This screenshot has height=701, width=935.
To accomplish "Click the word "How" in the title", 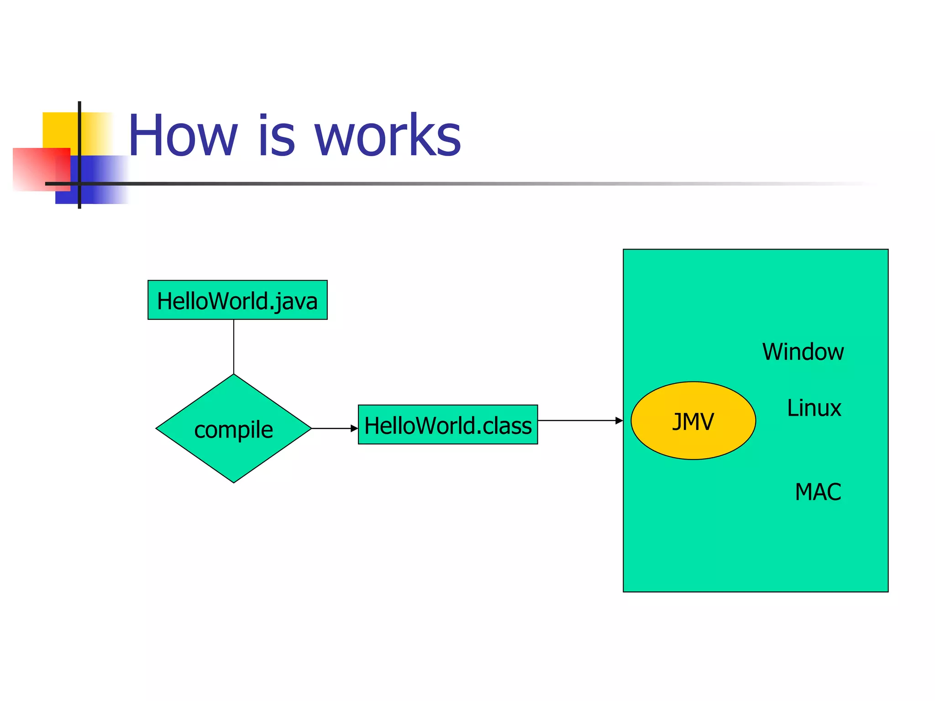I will point(183,136).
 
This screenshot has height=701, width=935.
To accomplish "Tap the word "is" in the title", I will point(277,136).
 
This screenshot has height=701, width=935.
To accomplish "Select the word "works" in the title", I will point(388,136).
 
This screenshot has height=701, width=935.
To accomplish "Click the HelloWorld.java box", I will point(237,300).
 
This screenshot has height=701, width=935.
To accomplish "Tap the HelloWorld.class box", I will point(448,425).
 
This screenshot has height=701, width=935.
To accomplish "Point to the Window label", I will point(803,352).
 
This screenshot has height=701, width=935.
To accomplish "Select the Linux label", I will point(814,408).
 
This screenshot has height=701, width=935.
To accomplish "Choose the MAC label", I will point(818,492).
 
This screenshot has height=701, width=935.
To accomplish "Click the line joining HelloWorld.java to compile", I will point(234,347).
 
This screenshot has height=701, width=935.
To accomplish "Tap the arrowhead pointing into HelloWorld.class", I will point(354,429).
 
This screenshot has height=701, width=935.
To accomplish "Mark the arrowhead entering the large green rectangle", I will point(619,420).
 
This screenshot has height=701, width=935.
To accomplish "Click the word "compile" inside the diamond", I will point(233,430).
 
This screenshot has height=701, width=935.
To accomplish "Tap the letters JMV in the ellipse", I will point(693,421).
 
